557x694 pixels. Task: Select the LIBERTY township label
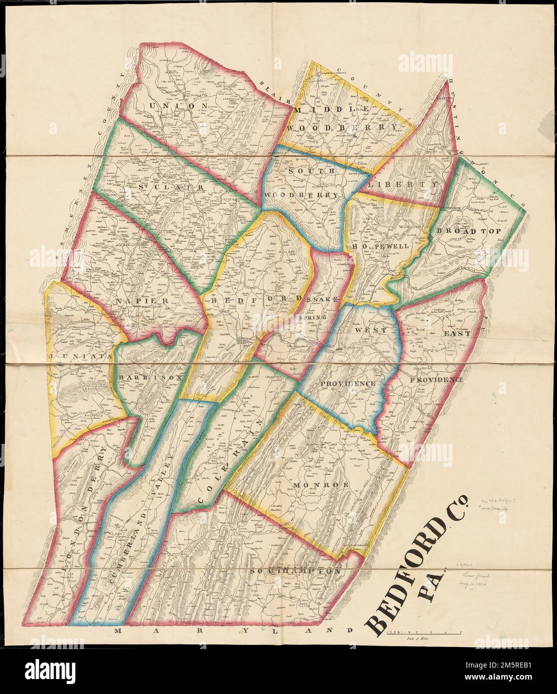(403, 185)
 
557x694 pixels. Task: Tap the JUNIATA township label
(79, 356)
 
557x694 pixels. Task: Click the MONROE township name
(314, 484)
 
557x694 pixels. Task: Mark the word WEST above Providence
(371, 331)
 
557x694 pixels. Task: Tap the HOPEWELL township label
(380, 247)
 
